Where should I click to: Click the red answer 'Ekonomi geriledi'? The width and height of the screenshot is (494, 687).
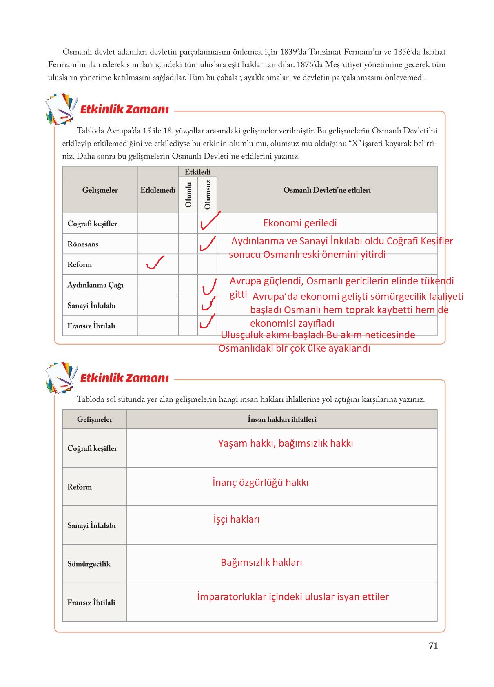[300, 223]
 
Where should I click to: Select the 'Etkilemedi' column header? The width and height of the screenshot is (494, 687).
[158, 190]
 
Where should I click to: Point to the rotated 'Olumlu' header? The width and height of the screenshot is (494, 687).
[188, 195]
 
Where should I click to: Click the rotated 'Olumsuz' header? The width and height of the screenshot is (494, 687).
[207, 195]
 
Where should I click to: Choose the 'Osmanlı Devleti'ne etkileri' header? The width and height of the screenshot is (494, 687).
[327, 190]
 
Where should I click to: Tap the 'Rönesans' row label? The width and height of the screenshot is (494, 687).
[83, 244]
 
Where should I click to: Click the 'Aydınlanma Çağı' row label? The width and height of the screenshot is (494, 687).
[95, 285]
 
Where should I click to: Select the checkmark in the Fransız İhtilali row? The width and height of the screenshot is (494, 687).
[207, 322]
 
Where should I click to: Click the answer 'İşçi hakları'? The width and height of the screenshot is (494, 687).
[237, 519]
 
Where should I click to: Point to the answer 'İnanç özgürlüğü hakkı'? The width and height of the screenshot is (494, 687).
[260, 483]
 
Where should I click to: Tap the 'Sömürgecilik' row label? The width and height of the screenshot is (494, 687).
[89, 564]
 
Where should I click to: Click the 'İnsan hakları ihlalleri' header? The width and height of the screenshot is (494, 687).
[282, 419]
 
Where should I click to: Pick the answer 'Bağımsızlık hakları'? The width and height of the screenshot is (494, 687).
[261, 563]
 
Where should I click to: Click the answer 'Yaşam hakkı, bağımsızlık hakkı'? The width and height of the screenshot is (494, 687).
[286, 443]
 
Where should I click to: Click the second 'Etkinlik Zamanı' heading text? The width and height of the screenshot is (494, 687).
[124, 378]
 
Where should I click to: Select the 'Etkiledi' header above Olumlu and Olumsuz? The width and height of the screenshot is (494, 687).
[197, 172]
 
